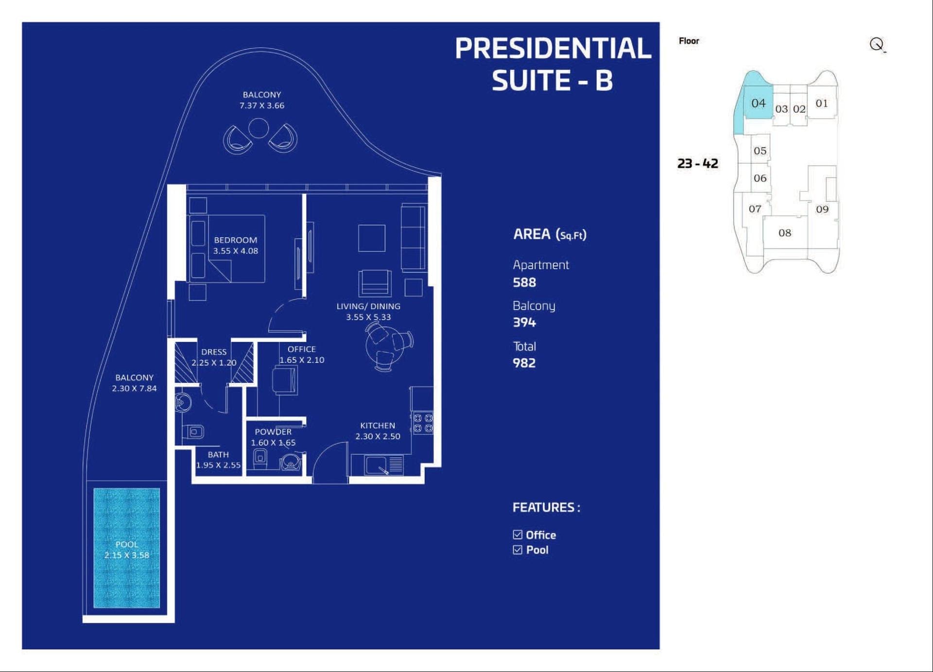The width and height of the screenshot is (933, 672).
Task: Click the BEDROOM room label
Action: [236, 240]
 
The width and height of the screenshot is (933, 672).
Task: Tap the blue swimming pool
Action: [127, 548]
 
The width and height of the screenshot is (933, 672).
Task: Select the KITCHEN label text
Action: [378, 426]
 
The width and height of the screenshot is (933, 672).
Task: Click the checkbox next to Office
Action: [518, 535]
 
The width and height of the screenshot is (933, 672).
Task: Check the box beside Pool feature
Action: [518, 550]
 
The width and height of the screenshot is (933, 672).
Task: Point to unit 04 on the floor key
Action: [758, 103]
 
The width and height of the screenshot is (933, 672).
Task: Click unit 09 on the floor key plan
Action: [822, 209]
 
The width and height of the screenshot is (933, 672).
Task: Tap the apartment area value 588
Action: [524, 282]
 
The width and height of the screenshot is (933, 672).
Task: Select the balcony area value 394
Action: [524, 323]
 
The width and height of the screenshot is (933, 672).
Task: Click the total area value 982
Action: [524, 363]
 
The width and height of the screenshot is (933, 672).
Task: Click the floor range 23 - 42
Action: [698, 163]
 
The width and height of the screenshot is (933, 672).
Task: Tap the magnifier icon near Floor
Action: [877, 45]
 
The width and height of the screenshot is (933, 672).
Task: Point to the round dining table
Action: [385, 345]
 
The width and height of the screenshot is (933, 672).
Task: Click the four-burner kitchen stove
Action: [423, 423]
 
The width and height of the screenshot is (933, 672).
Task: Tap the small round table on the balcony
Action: [259, 128]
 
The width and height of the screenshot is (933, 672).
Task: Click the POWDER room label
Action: [273, 432]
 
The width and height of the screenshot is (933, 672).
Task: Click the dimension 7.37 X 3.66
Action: [262, 105]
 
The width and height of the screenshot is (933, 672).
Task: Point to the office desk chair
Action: [285, 380]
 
